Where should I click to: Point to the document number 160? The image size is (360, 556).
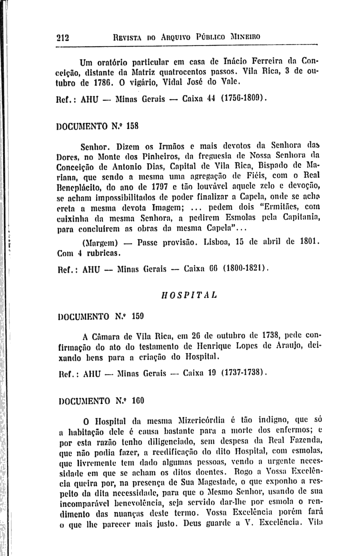tap(138, 401)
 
